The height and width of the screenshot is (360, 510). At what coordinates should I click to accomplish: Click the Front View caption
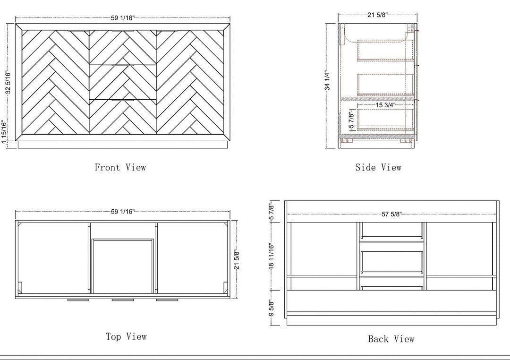(120, 167)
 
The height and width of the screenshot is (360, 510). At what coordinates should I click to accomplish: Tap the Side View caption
(378, 167)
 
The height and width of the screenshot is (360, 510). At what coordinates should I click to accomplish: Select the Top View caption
(126, 336)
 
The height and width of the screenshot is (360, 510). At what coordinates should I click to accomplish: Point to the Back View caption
(391, 339)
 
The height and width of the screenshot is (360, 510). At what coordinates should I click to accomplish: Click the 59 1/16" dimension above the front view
(123, 18)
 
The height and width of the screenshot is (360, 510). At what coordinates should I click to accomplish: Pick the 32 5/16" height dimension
(8, 82)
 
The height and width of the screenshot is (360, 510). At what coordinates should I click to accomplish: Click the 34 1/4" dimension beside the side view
(327, 81)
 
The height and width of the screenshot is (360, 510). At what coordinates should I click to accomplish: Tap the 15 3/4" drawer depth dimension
(385, 105)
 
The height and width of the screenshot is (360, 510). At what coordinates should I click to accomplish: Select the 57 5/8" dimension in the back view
(391, 214)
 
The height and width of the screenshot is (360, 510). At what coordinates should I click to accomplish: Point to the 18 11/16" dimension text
(272, 256)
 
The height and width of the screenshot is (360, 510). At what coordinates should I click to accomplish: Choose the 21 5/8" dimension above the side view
(378, 15)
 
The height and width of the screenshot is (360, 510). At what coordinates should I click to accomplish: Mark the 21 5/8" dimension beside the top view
(237, 260)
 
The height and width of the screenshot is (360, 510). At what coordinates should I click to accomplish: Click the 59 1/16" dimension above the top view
(123, 212)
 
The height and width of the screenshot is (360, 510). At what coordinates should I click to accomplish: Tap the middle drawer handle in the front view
(123, 65)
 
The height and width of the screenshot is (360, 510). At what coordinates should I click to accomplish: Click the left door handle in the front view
(78, 31)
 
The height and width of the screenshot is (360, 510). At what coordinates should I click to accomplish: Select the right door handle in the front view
(167, 31)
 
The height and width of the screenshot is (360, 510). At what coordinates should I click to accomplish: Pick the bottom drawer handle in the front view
(123, 100)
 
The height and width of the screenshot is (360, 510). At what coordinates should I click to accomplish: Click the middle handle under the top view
(123, 300)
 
